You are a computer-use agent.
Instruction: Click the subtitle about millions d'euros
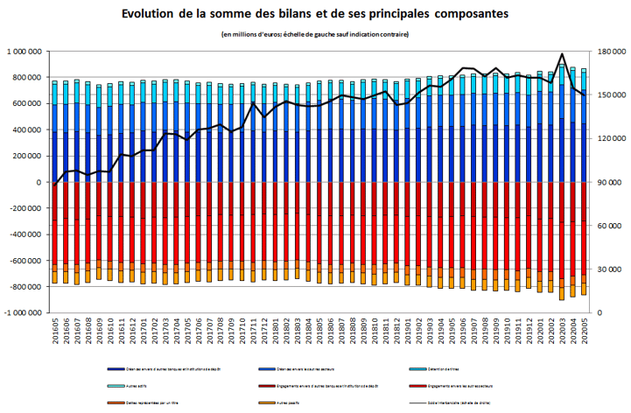tap(315, 34)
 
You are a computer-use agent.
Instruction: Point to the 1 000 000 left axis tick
tap(25, 52)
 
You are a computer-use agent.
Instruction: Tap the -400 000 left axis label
tap(27, 234)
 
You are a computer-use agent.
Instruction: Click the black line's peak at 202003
tap(560, 54)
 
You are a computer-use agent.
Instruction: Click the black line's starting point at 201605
tap(54, 185)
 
